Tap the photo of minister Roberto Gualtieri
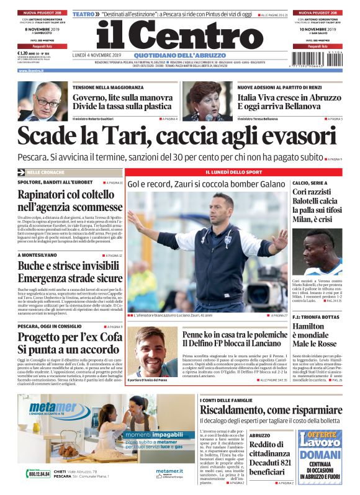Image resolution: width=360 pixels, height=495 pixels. click(x=42, y=101)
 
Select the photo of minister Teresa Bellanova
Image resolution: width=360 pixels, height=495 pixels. click(x=206, y=101)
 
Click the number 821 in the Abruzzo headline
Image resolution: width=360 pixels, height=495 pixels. click(x=282, y=463)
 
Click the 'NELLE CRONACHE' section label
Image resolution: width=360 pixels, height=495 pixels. click(x=47, y=171)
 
